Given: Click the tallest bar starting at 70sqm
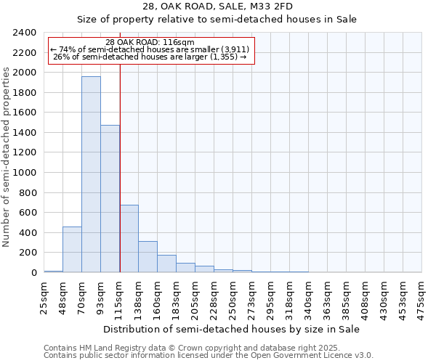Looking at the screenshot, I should coord(91,174).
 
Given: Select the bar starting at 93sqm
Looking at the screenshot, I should coord(110,199).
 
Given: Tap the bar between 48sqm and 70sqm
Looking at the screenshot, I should coord(72,250).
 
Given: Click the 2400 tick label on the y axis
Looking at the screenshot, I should coord(25,33).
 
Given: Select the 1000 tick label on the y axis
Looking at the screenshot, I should coord(25,173).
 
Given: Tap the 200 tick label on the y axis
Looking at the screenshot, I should coord(28,253).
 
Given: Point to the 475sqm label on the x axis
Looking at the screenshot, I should coord(422,295).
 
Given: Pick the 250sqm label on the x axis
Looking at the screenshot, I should coord(233,295).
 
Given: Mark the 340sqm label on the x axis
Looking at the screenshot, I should coord(309,295).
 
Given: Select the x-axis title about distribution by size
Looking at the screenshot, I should coord(232,329).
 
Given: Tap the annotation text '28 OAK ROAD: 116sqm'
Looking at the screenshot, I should coord(150,43).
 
